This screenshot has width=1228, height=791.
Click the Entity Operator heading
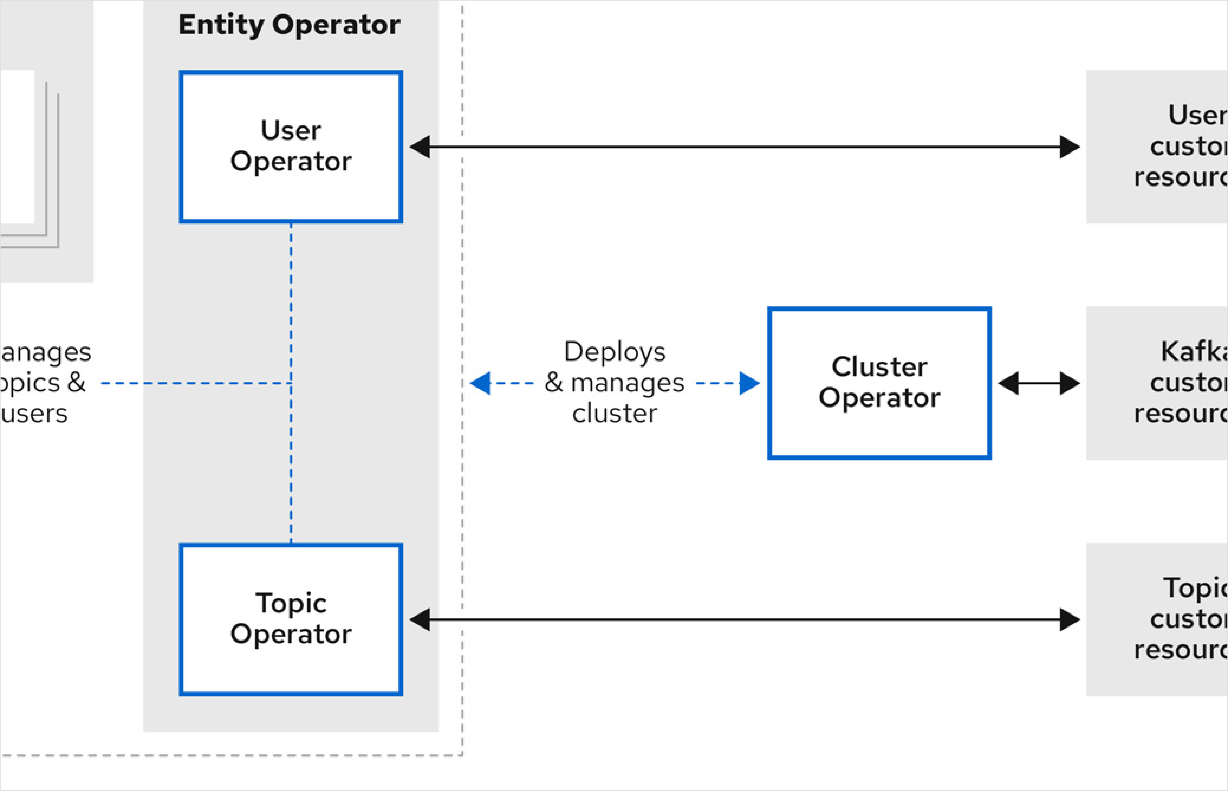click(x=289, y=25)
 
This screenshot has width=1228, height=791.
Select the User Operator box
click(x=291, y=146)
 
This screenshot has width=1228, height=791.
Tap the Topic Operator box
click(x=291, y=619)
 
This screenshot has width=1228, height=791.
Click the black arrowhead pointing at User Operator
click(x=420, y=147)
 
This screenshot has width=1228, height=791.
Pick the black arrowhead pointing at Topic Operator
click(x=420, y=619)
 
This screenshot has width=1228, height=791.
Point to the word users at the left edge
click(x=34, y=413)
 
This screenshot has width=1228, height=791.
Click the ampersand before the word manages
click(x=554, y=383)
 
